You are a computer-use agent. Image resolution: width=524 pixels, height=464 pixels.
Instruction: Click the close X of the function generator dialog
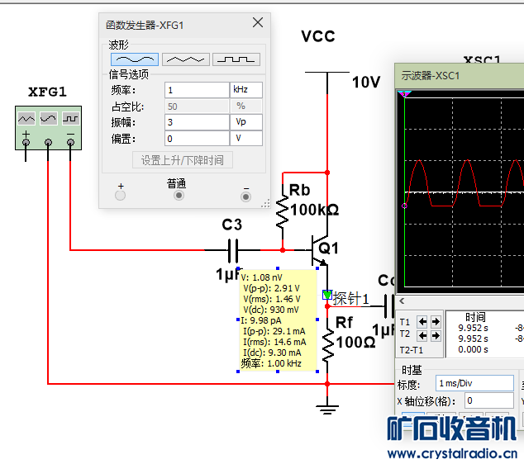click(258, 23)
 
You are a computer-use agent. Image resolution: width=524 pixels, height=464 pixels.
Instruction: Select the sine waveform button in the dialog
click(134, 59)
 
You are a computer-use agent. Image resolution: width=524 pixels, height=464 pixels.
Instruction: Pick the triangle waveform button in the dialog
click(185, 59)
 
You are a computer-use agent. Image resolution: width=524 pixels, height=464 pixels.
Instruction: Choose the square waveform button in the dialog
click(236, 59)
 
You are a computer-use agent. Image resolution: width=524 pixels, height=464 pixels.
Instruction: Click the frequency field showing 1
click(197, 90)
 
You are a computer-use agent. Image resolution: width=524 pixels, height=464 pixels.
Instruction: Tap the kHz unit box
click(246, 90)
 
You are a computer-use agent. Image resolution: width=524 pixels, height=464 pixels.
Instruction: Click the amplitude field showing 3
click(197, 122)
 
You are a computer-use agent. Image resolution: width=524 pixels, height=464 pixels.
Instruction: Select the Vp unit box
click(246, 122)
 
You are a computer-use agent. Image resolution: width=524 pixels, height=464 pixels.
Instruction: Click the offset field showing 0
click(197, 139)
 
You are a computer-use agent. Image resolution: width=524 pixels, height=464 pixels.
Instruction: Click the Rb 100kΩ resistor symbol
click(283, 211)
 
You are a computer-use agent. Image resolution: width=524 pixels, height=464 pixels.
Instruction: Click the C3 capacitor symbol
click(232, 249)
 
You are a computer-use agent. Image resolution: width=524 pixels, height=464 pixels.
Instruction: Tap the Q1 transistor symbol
click(317, 249)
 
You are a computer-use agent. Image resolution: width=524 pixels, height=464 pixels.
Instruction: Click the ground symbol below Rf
click(328, 407)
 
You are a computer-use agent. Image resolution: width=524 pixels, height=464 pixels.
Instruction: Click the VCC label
click(317, 37)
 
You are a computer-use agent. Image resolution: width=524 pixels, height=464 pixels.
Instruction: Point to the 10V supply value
click(366, 83)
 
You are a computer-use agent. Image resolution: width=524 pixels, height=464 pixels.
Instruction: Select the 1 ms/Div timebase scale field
click(475, 384)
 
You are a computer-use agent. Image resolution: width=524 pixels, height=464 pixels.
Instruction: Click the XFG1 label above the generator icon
click(47, 91)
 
